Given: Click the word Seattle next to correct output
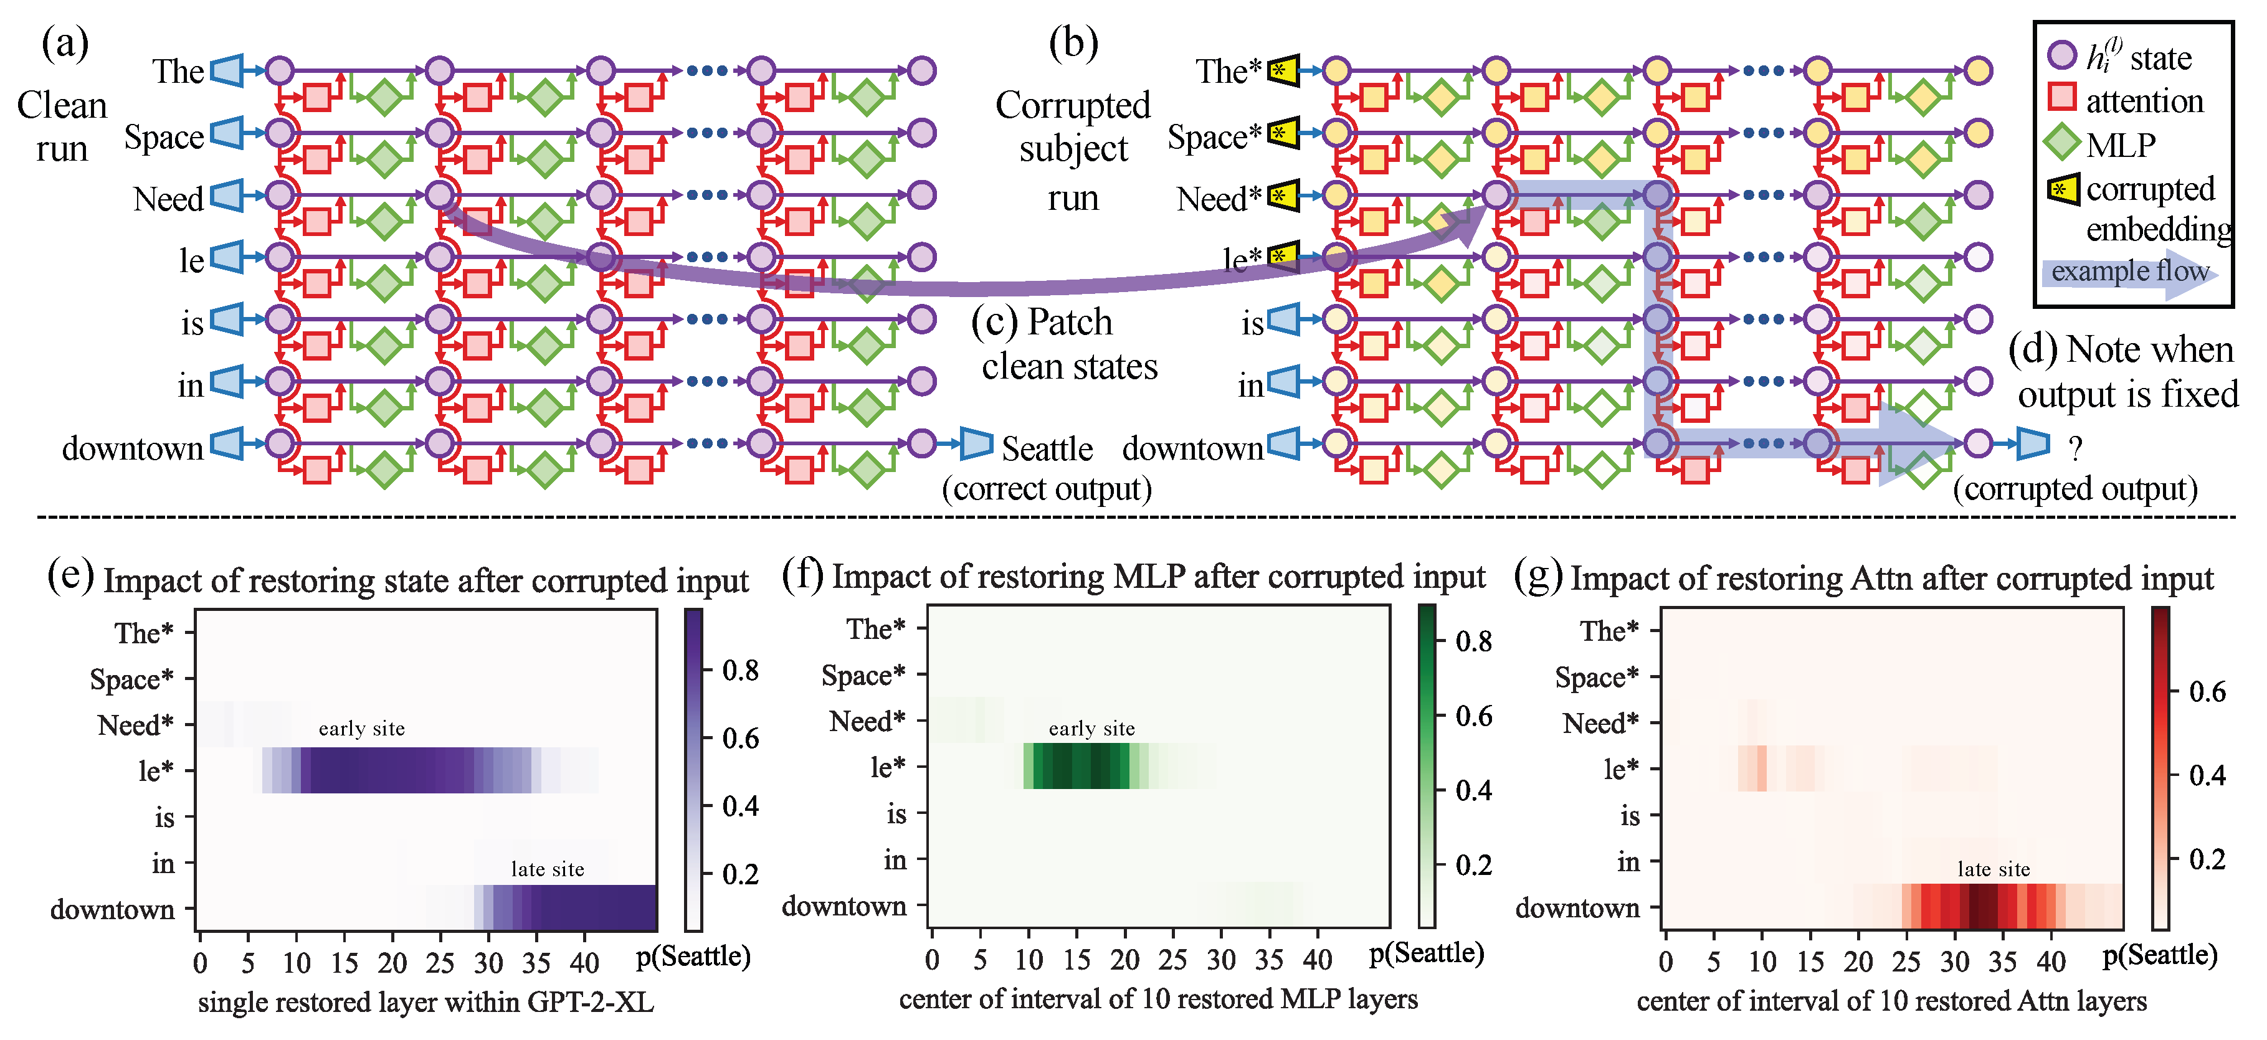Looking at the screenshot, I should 1047,449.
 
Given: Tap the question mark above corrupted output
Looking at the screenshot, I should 2075,450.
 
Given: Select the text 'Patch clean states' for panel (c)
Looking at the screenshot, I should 1067,344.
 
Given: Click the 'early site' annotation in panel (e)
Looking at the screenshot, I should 362,729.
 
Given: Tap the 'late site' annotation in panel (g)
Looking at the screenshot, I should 1994,869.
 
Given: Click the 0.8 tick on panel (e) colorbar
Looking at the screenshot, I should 739,671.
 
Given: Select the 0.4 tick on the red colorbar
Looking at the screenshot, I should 2207,775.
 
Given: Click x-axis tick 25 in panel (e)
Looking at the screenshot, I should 439,963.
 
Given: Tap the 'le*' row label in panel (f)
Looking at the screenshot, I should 887,767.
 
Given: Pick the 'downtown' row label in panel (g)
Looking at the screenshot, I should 1577,907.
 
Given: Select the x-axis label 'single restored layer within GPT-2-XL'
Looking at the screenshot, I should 426,1002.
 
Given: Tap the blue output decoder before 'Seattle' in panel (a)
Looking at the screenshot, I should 975,443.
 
